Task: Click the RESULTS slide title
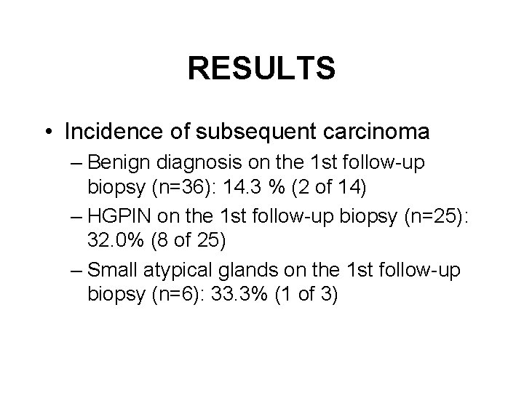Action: pos(261,69)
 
